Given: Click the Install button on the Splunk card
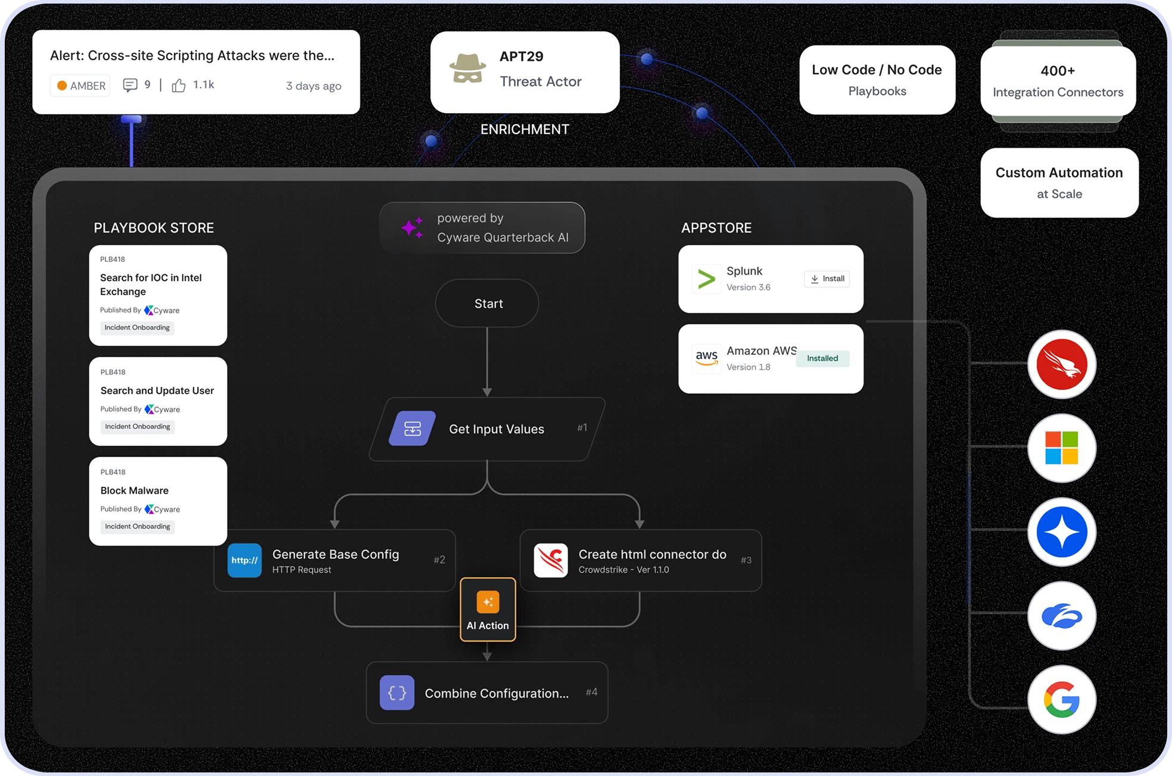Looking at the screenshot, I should coord(827,279).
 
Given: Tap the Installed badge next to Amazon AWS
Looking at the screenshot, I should coord(822,358).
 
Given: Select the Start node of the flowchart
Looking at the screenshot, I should coord(488,303).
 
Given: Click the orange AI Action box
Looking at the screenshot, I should coord(488,609).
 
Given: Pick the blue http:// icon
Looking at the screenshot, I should coord(244,560).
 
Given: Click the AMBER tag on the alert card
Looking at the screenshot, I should coord(80,86).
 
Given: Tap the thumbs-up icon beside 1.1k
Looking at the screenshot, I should coord(178,86).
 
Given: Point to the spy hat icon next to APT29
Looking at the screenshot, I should coord(467,69).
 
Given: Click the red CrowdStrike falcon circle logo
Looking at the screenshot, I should coord(1061,364).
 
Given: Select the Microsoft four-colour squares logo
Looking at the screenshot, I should coord(1061,448).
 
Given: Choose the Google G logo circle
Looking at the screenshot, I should coord(1061,699).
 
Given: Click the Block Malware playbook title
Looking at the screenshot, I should coord(135,490).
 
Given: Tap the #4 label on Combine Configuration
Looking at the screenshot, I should coord(591,691).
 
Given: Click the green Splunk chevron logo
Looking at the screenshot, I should coord(706,279).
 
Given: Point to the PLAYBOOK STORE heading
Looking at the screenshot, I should coord(154,228).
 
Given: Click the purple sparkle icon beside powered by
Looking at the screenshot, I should coord(412,228).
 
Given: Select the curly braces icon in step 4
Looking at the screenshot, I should coord(397,693).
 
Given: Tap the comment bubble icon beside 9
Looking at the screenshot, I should coord(130,85).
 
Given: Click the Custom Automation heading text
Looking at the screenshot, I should coord(1059,173).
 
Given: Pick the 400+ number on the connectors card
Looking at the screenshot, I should coord(1058,71).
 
